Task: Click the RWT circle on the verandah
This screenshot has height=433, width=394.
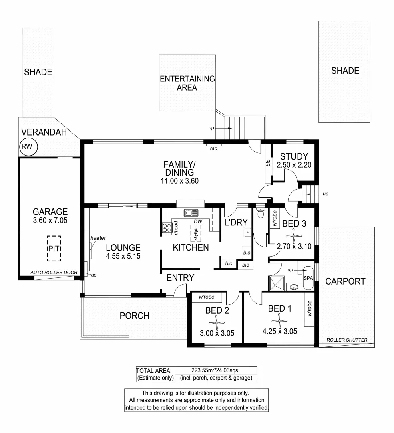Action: click(28, 147)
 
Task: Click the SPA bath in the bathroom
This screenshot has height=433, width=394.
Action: click(308, 277)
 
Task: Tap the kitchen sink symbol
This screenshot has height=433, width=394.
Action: click(191, 213)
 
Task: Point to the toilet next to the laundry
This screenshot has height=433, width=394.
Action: click(261, 212)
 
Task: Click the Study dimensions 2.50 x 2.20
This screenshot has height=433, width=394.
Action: click(294, 164)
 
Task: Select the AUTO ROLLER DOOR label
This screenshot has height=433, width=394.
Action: click(54, 272)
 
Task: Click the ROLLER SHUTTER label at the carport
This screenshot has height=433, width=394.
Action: click(347, 340)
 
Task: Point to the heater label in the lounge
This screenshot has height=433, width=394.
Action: click(98, 238)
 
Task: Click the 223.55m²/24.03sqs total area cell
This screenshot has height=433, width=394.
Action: click(215, 370)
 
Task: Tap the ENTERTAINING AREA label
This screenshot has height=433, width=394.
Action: click(187, 83)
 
